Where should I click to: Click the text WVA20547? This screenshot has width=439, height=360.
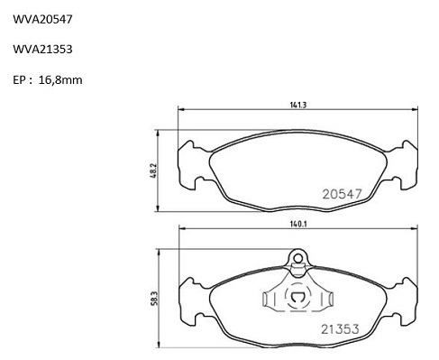tap(42, 20)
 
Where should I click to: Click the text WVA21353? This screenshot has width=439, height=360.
tap(42, 49)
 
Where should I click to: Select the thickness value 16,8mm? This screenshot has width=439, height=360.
tap(60, 80)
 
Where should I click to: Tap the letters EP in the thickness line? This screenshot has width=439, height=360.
tap(19, 80)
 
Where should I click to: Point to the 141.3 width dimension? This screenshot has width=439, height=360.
tap(297, 105)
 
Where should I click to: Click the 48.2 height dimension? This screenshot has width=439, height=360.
tap(152, 171)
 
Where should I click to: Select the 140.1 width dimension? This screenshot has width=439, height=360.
tap(298, 224)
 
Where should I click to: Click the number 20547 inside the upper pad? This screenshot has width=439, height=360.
tap(342, 194)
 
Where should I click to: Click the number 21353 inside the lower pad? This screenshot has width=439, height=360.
tap(340, 329)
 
